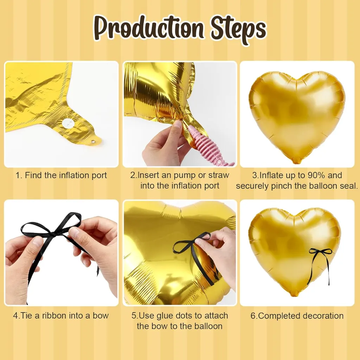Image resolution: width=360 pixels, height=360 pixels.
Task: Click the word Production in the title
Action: (x=149, y=29)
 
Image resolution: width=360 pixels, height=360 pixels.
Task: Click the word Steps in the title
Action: (x=239, y=30)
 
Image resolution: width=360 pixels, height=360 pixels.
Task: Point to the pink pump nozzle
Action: (x=207, y=147)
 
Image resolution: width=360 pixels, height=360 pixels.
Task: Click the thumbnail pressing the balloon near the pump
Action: (x=178, y=125)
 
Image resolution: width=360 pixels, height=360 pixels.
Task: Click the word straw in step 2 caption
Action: (x=219, y=175)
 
